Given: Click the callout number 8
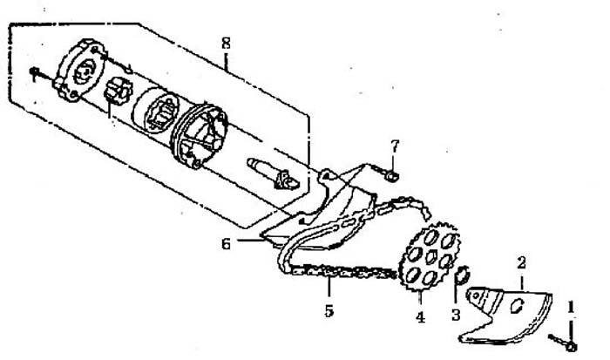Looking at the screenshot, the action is pyautogui.click(x=226, y=44).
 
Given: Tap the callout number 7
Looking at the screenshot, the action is pyautogui.click(x=395, y=146).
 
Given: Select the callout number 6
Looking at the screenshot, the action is pyautogui.click(x=226, y=244).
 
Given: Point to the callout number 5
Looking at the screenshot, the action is pyautogui.click(x=329, y=311).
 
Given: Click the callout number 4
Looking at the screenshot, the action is pyautogui.click(x=420, y=317).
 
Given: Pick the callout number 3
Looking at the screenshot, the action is pyautogui.click(x=456, y=315).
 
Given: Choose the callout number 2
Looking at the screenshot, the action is pyautogui.click(x=521, y=263).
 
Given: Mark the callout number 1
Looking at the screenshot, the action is pyautogui.click(x=571, y=308).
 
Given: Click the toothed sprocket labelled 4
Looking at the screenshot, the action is pyautogui.click(x=430, y=257).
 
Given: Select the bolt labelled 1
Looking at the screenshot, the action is pyautogui.click(x=563, y=342).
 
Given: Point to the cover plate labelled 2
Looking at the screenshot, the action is pyautogui.click(x=505, y=316).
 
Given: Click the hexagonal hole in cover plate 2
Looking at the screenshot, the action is pyautogui.click(x=518, y=305).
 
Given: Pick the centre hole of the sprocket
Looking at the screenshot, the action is pyautogui.click(x=430, y=257).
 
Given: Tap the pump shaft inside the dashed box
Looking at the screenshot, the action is pyautogui.click(x=272, y=173).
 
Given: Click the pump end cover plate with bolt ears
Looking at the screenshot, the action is pyautogui.click(x=81, y=71).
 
